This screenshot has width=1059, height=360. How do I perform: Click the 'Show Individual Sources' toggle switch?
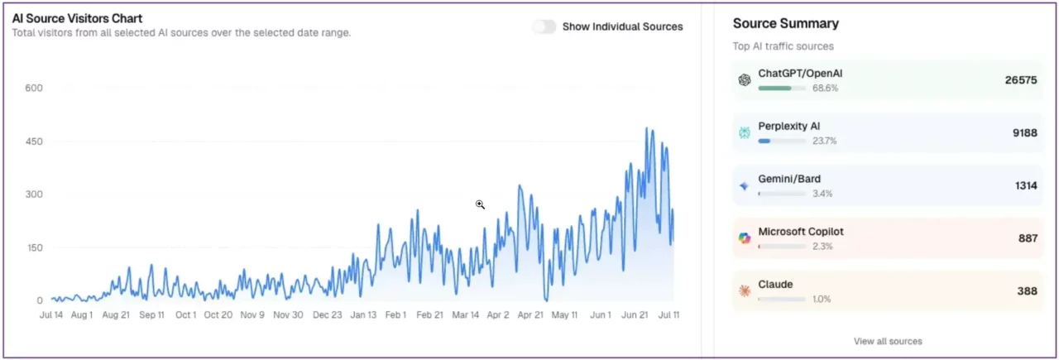(x=544, y=26)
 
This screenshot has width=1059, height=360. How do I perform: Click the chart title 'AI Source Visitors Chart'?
(x=77, y=18)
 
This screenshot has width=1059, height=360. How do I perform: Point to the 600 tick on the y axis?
(x=34, y=88)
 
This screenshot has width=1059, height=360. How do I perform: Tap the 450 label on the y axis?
(x=34, y=142)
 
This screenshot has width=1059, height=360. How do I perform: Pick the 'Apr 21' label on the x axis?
(x=530, y=315)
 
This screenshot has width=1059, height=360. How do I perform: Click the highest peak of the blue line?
(x=646, y=128)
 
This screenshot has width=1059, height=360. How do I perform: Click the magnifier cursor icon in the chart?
(x=480, y=204)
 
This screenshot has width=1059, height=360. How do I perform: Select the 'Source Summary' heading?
(x=785, y=23)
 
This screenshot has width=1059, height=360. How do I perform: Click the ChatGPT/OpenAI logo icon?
(x=745, y=80)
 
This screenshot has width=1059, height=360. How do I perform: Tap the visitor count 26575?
(x=1020, y=80)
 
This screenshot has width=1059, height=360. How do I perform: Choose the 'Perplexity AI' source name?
(x=789, y=127)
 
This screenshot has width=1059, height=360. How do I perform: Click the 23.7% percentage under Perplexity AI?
(x=824, y=141)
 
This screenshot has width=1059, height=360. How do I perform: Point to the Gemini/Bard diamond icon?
(x=745, y=186)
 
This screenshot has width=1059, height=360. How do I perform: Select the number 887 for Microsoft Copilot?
(x=1028, y=238)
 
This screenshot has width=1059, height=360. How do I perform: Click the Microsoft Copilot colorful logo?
(x=745, y=238)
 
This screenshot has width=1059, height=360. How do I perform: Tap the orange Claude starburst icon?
(x=745, y=291)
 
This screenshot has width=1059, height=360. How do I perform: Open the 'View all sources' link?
(x=888, y=341)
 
